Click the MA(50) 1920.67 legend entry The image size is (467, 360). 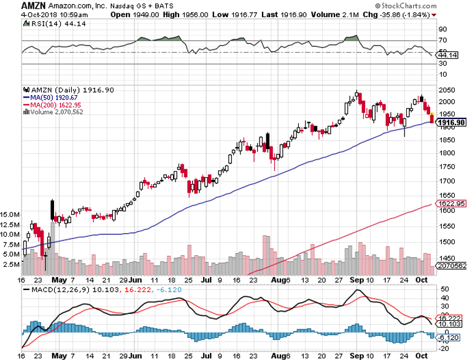[48, 97]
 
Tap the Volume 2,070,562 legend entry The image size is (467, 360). [52, 112]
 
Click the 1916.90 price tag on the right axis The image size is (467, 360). [449, 122]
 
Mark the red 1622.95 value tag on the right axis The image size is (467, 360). [449, 203]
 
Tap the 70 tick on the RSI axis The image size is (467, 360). [442, 40]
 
